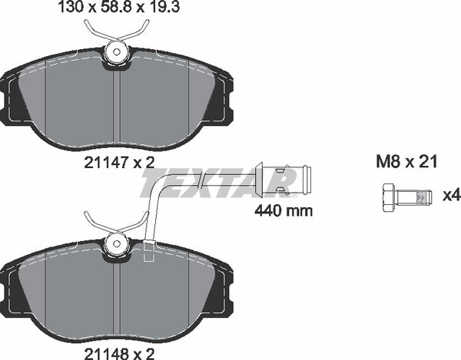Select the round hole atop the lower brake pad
116,245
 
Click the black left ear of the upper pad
14,104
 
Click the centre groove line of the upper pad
116,107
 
